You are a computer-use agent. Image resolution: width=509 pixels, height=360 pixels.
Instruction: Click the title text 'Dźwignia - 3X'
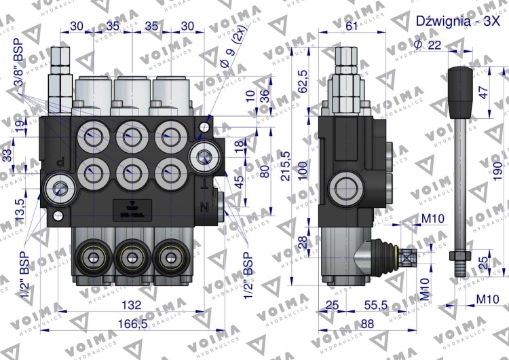click(x=452, y=20)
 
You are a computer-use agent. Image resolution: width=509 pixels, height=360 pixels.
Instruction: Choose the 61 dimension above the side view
click(x=352, y=26)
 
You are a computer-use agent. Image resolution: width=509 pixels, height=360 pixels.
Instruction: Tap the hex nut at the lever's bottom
click(x=458, y=257)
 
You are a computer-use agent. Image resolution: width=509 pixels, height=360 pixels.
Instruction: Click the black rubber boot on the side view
click(x=388, y=257)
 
